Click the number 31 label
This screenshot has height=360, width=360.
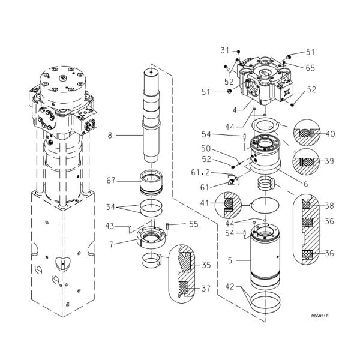click(225, 50)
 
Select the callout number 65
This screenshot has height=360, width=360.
click(310, 68)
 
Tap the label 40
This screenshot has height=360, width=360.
click(329, 134)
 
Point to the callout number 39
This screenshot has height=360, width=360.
click(329, 162)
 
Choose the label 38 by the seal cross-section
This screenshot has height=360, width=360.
click(329, 205)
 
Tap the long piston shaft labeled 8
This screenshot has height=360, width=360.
click(151, 114)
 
